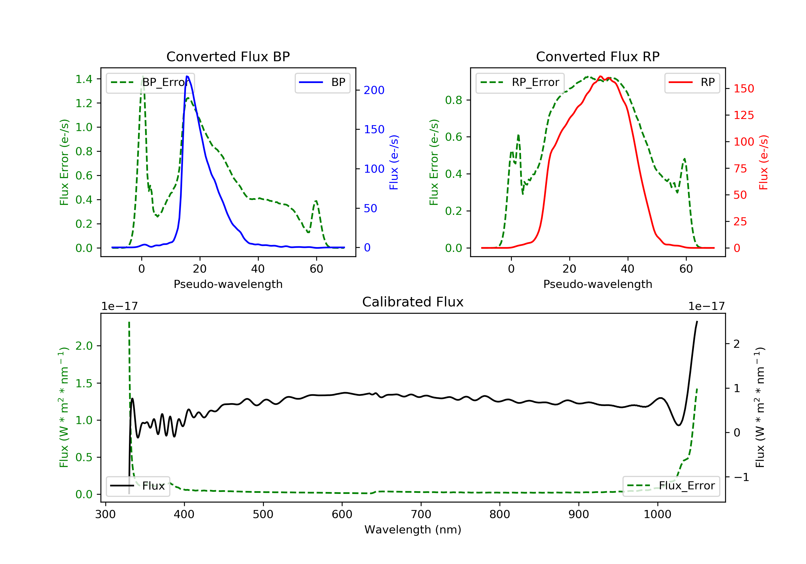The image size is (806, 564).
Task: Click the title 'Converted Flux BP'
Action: [228, 56]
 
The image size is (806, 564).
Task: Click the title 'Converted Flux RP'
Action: [598, 56]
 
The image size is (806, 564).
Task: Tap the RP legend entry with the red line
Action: [692, 82]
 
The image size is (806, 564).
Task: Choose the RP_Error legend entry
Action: [520, 82]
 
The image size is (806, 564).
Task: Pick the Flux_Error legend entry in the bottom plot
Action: [671, 486]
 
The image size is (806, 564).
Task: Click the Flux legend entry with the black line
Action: [138, 486]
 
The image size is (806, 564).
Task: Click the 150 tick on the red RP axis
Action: [743, 88]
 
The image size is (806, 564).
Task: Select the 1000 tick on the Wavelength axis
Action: [657, 515]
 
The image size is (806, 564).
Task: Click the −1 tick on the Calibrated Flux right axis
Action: [741, 477]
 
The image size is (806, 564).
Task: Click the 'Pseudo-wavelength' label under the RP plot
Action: [598, 284]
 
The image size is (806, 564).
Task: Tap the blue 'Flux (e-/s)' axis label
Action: [394, 162]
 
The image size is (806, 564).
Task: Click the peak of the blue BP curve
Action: [187, 76]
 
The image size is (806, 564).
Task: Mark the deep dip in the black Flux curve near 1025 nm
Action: [679, 425]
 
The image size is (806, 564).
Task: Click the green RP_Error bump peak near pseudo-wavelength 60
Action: [685, 159]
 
